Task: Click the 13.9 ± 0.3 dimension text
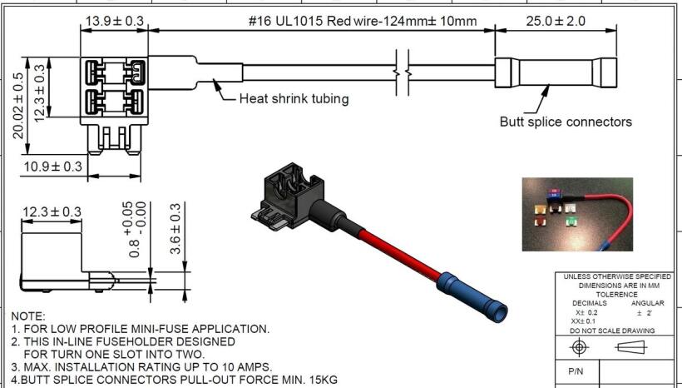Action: tap(114, 21)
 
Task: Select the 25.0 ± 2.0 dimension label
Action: tap(556, 21)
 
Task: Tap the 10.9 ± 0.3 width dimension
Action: tap(52, 167)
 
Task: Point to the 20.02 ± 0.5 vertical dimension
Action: tap(17, 106)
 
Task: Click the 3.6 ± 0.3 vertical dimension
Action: tap(175, 229)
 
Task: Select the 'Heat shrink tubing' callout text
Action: tap(294, 99)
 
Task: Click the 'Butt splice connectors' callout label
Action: tap(566, 122)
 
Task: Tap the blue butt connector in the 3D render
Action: tap(472, 297)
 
